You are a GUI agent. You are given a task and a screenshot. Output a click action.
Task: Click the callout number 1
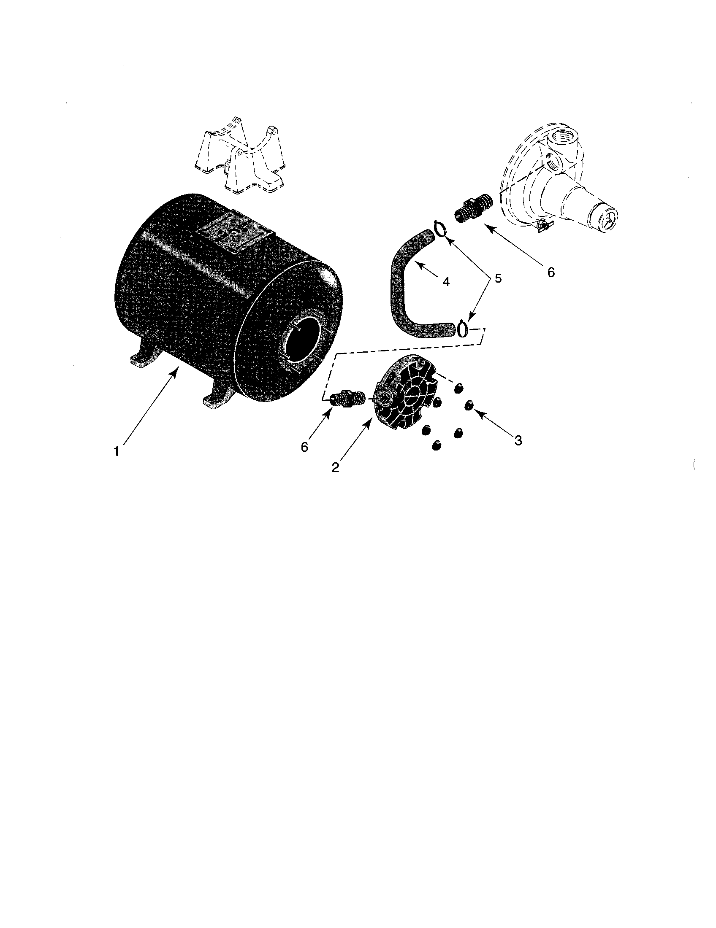tap(117, 451)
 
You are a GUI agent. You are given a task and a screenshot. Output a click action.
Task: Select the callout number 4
tap(446, 281)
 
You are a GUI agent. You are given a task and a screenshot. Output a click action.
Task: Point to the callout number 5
tap(497, 278)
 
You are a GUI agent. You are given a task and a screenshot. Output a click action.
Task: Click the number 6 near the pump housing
tap(551, 272)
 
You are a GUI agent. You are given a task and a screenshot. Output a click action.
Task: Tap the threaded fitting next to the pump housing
tap(475, 207)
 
